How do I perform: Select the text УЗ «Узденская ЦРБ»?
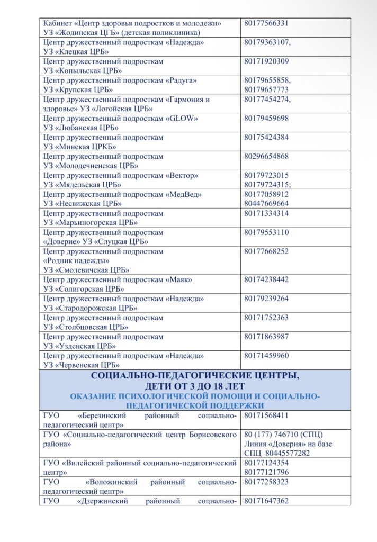point(79,346)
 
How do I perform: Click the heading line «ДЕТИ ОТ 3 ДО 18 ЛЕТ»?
point(195,386)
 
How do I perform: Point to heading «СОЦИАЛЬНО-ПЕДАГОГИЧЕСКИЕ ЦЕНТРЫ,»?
point(195,376)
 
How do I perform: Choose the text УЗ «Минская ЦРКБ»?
point(79,146)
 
